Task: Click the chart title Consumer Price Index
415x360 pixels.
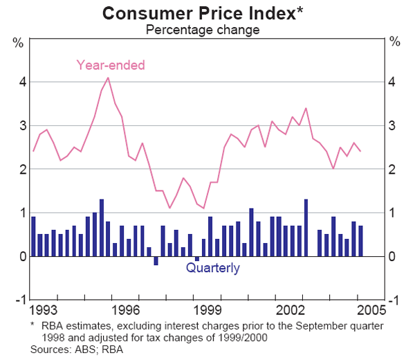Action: click(201, 13)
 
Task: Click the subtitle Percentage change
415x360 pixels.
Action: click(201, 30)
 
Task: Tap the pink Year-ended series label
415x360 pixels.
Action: click(111, 65)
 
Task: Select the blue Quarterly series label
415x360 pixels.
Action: click(213, 268)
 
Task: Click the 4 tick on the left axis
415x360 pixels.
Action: click(21, 82)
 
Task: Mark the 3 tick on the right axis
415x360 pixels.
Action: click(394, 125)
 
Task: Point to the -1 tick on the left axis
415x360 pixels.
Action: click(19, 300)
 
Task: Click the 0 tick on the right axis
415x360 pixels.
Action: click(394, 257)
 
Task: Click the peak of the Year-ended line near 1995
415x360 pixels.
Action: click(108, 78)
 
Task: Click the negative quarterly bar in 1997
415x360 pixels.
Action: click(156, 261)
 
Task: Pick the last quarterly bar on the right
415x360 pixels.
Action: click(360, 241)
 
